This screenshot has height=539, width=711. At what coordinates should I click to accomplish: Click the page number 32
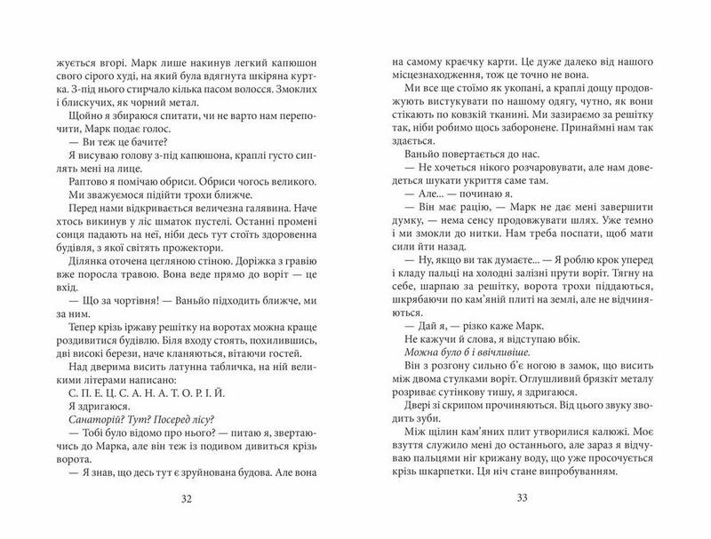[x=186, y=497]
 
